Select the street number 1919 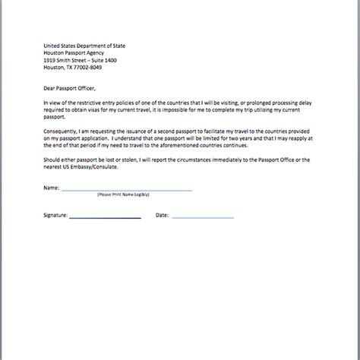[51, 60]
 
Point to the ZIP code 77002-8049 [86, 67]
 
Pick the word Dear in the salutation [50, 87]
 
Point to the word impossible [191, 108]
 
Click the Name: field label [51, 186]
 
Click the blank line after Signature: [105, 217]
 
